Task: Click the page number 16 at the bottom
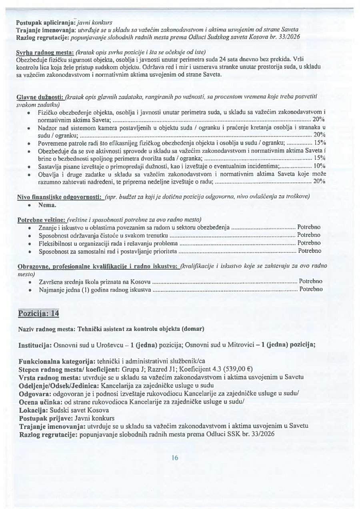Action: tap(175, 458)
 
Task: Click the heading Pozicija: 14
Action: tap(39, 314)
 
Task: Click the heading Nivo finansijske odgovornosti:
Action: tap(60, 196)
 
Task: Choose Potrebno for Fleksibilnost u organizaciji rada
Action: tap(309, 243)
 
